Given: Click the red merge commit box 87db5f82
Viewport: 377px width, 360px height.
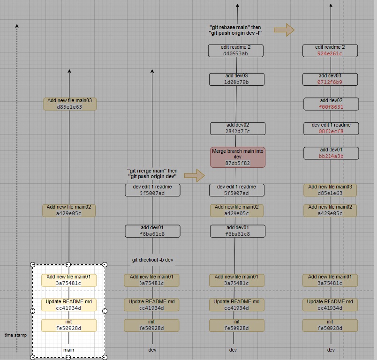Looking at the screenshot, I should pyautogui.click(x=237, y=157).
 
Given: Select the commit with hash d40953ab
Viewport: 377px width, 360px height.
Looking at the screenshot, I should pyautogui.click(x=236, y=51).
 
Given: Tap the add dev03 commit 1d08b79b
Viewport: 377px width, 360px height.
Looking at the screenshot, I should pyautogui.click(x=237, y=79).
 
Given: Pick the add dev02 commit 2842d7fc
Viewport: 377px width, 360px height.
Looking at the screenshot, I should pyautogui.click(x=237, y=128).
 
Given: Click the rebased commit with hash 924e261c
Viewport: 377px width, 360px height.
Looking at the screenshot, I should pyautogui.click(x=330, y=51).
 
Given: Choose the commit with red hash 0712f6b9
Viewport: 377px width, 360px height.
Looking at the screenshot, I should pyautogui.click(x=330, y=79).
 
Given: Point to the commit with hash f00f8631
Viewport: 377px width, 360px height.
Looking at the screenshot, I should pyautogui.click(x=331, y=104).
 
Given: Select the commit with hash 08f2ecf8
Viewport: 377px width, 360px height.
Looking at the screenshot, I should pyautogui.click(x=331, y=128).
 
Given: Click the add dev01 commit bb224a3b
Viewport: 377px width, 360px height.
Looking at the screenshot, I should pyautogui.click(x=331, y=153).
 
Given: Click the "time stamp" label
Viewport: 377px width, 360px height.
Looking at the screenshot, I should pyautogui.click(x=15, y=335).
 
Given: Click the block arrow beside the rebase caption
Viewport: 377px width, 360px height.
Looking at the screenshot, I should pyautogui.click(x=284, y=30).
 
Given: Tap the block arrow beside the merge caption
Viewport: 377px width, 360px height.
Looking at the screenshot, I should pyautogui.click(x=194, y=176).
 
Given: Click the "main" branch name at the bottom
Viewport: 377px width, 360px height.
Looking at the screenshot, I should pyautogui.click(x=68, y=350).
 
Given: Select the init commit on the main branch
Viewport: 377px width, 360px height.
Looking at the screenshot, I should pyautogui.click(x=69, y=325).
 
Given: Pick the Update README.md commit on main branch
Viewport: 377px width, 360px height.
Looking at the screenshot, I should pyautogui.click(x=69, y=305).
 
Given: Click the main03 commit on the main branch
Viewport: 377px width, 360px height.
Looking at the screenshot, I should pyautogui.click(x=69, y=104).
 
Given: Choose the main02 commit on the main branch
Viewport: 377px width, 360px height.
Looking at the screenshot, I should pyautogui.click(x=69, y=210).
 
